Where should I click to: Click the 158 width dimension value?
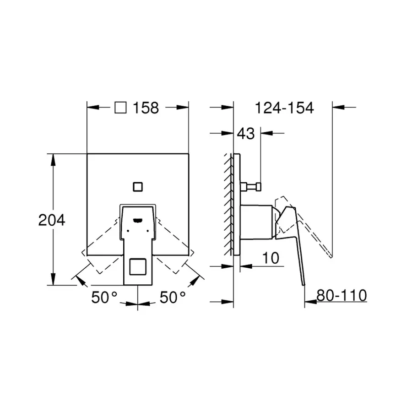click(x=146, y=108)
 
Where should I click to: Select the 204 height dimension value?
click(x=51, y=220)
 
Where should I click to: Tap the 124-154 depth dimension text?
click(x=284, y=108)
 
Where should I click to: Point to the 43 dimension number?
click(x=245, y=134)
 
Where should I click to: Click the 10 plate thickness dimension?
click(x=271, y=258)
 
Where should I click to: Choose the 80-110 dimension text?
click(x=342, y=296)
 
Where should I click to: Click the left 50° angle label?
click(x=104, y=298)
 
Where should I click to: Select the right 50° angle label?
click(x=173, y=298)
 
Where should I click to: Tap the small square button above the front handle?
click(x=138, y=186)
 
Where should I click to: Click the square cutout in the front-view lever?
click(x=138, y=267)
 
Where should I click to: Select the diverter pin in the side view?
click(x=251, y=186)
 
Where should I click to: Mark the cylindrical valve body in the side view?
click(x=256, y=222)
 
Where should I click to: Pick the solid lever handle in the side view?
click(x=293, y=238)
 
